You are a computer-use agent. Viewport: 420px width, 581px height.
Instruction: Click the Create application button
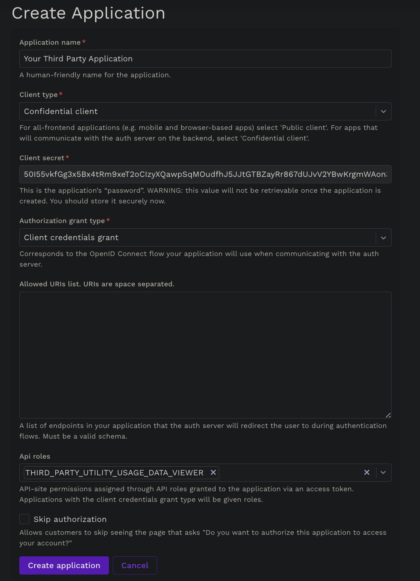[x=64, y=565]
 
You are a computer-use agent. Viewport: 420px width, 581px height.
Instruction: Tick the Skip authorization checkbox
[x=25, y=519]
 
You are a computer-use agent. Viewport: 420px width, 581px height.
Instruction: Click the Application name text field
[x=205, y=59]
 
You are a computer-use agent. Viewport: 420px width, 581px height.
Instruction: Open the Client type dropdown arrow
[x=383, y=111]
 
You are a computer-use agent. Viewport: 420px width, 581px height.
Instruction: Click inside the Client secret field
[x=205, y=174]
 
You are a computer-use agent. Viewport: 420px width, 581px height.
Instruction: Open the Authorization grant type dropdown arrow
[x=383, y=238]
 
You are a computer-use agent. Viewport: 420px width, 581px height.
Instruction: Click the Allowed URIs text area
[x=205, y=355]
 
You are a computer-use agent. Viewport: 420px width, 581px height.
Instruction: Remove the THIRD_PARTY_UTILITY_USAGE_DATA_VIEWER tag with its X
[x=213, y=472]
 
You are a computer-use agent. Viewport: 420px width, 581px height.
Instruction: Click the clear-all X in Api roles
[x=367, y=472]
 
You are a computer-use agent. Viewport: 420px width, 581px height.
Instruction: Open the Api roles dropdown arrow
[x=383, y=473]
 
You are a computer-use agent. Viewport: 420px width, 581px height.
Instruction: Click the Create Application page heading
[x=89, y=13]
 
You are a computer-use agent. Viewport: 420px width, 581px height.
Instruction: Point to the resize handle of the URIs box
[x=388, y=415]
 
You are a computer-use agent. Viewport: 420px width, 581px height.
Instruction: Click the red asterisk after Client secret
[x=67, y=157]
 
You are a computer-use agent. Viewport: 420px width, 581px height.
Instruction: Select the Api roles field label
[x=35, y=456]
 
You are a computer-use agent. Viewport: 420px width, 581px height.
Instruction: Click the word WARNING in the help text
[x=164, y=191]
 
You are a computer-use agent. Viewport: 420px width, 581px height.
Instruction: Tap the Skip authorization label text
[x=70, y=519]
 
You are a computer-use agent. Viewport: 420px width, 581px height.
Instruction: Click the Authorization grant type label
[x=62, y=221]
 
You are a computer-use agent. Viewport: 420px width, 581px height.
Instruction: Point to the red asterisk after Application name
[x=84, y=42]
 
